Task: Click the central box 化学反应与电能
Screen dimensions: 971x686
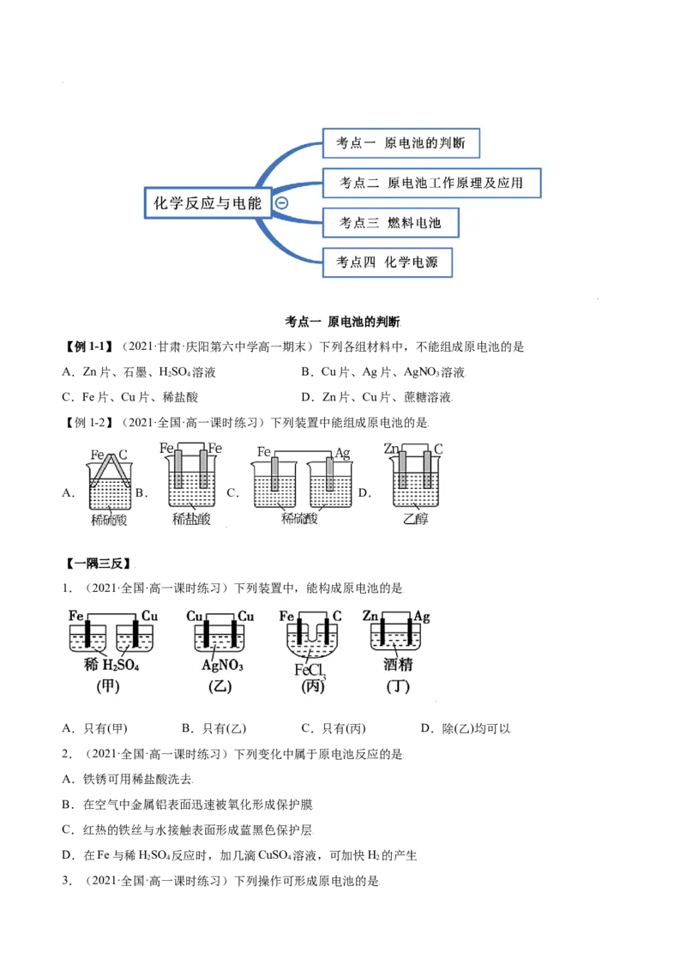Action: coord(207,203)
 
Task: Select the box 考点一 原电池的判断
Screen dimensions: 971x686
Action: coord(400,144)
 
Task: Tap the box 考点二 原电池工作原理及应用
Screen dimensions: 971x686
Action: coord(431,183)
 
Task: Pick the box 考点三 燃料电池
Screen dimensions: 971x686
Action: coord(390,223)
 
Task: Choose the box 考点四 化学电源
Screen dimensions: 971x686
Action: coord(387,262)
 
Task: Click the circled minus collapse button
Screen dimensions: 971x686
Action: coord(281,203)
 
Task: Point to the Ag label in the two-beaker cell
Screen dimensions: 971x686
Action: coord(342,452)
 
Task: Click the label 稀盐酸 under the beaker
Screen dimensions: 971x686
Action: coord(190,519)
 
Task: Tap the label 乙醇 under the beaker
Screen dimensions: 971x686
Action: coord(415,519)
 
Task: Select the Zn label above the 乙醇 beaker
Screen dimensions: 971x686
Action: coord(390,448)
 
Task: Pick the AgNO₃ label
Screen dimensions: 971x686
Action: coord(223,665)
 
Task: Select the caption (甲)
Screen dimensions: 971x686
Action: coord(107,687)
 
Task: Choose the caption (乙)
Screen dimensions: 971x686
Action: coord(220,687)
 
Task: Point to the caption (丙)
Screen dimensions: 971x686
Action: coord(312,687)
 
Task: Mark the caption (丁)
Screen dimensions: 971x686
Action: coord(398,687)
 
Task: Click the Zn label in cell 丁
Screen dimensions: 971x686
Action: coord(370,616)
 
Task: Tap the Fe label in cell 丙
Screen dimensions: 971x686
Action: coord(287,616)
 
